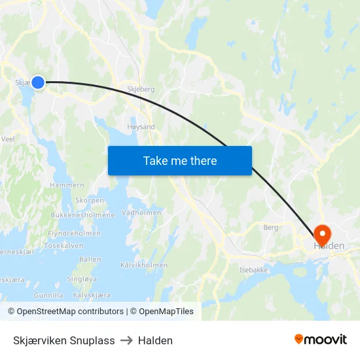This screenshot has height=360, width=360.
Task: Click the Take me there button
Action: [x=179, y=161]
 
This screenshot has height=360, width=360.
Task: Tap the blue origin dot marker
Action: [x=38, y=82]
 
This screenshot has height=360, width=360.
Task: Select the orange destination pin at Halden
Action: [x=323, y=234]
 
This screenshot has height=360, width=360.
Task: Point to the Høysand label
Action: [x=140, y=127]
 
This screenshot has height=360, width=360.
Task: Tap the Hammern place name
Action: [x=67, y=186]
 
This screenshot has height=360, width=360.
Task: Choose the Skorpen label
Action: [x=90, y=200]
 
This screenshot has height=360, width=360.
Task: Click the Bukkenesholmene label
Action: [x=82, y=215]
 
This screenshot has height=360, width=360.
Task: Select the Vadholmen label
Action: [x=142, y=212]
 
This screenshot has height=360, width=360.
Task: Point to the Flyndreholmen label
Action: [x=74, y=233]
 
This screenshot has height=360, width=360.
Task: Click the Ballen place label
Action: [x=90, y=259]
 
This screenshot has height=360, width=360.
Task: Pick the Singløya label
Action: [x=82, y=278]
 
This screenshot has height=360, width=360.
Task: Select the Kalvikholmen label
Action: [x=144, y=265]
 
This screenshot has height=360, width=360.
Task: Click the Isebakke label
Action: [x=253, y=270]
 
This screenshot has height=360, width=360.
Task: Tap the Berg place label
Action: [x=270, y=228]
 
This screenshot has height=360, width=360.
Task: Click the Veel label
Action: [x=9, y=139]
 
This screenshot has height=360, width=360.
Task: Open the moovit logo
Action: [x=321, y=340]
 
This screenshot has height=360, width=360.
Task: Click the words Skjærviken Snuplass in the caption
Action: [x=63, y=340]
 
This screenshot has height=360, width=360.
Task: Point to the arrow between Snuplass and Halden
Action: [x=126, y=340]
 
